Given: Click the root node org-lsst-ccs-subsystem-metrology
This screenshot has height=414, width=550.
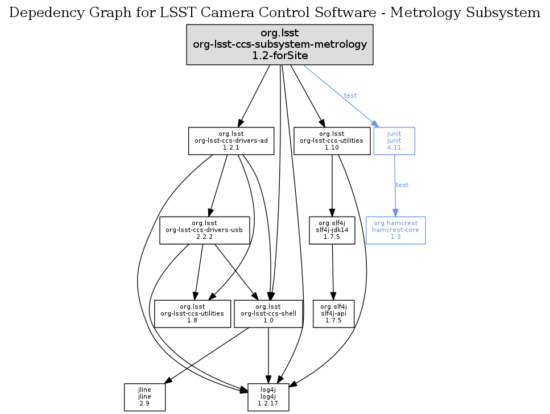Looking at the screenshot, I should point(280,44).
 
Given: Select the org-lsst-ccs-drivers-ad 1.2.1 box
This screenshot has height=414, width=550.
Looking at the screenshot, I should point(231,140).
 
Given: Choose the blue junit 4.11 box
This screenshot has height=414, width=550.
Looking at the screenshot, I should point(394,140).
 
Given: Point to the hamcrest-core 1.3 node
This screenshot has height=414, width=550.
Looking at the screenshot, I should point(395,230).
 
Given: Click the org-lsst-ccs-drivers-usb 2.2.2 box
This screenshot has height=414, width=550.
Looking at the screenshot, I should point(205,230).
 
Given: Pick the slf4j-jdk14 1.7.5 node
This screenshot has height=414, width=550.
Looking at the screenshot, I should point(332,230).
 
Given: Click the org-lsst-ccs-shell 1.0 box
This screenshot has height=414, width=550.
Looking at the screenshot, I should point(268,313).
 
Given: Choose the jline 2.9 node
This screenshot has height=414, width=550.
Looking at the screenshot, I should point(144,397).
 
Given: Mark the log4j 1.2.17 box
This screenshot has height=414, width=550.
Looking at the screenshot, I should point(268,397).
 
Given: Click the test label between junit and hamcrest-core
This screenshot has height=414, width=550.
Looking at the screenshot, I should point(402,185).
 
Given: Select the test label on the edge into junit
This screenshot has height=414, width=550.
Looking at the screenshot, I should point(350,96).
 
